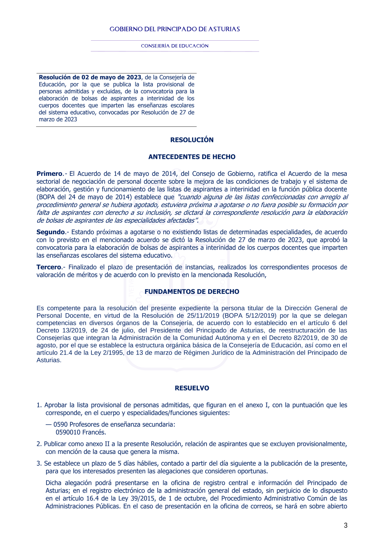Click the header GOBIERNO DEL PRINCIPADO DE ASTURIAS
(x=175, y=29)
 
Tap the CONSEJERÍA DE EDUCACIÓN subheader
(x=175, y=46)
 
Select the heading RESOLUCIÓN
(x=192, y=140)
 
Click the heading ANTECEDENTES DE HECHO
(x=192, y=157)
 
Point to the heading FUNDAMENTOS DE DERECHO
(x=192, y=291)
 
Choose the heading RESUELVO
(x=192, y=388)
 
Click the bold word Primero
(x=50, y=174)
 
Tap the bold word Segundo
(x=51, y=232)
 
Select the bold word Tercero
(x=49, y=267)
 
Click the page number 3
(x=346, y=525)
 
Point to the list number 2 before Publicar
(x=38, y=444)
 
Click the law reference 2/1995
(x=111, y=353)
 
